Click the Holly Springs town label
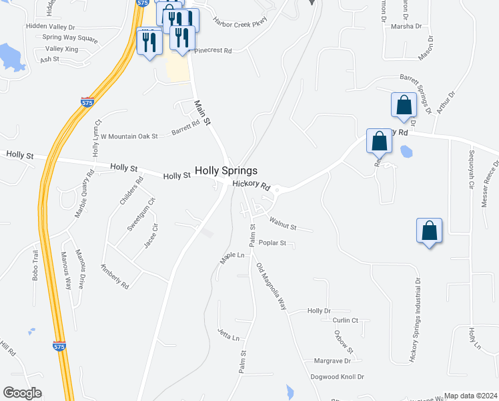(225, 171)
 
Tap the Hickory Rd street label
(251, 186)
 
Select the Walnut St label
(283, 223)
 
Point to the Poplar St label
(272, 243)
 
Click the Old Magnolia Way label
(272, 287)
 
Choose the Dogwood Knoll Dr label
(337, 377)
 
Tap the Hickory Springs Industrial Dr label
(415, 321)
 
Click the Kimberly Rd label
(114, 276)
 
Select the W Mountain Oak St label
(129, 136)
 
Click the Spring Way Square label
(70, 38)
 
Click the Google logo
(22, 393)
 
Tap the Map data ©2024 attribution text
(470, 396)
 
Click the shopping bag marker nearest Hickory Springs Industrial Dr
(430, 231)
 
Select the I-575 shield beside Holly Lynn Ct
(87, 102)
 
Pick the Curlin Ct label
(345, 321)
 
